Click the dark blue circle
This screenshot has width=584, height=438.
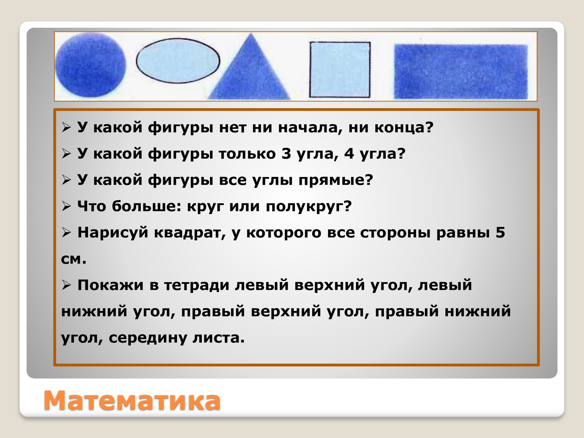pos(91,65)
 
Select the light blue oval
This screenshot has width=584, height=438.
pos(178,61)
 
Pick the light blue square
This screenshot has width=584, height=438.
pos(340,69)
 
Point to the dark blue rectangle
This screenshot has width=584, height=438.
pos(461,72)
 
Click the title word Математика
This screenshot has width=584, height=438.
pos(132,401)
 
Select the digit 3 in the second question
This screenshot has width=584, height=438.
pos(286,154)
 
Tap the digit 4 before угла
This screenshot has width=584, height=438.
pos(349,154)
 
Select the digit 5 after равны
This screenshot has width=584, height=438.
pos(500,232)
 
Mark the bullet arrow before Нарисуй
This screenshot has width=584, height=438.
pos(66,233)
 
